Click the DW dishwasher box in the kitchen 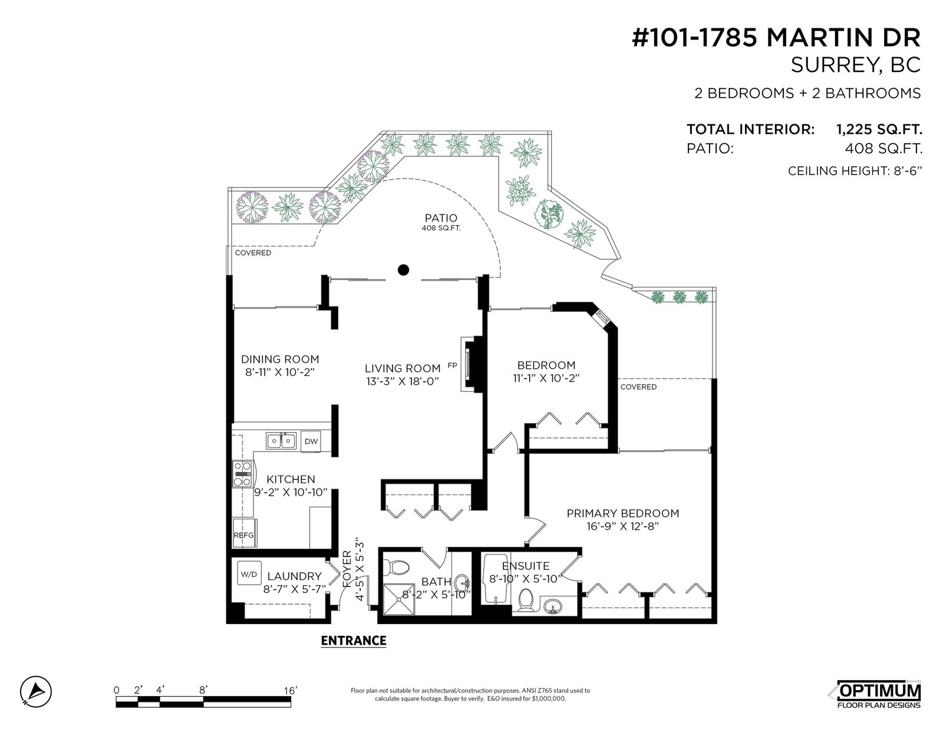(x=311, y=441)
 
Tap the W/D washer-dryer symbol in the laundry (x=249, y=575)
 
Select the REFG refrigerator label (x=243, y=535)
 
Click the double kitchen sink (x=281, y=440)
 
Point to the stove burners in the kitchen (x=242, y=473)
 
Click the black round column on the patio (x=403, y=270)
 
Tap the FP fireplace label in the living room (x=452, y=365)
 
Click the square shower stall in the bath (x=399, y=600)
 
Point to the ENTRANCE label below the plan (x=353, y=641)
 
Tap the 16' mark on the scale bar (x=291, y=690)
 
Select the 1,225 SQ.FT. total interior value (x=879, y=129)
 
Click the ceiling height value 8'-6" (x=907, y=171)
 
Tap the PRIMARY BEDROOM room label (x=623, y=513)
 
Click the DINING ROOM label (x=280, y=359)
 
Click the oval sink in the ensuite (x=553, y=605)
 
